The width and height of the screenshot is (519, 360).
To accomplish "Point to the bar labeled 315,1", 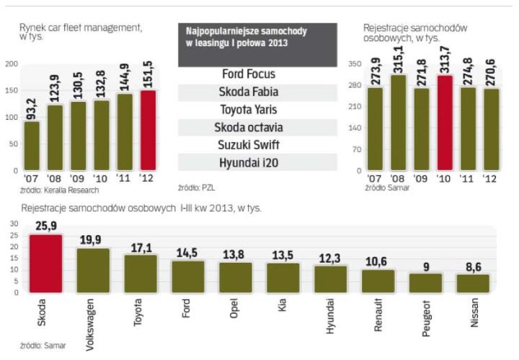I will (399, 123).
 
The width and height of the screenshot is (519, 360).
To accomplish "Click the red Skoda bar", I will (45, 263).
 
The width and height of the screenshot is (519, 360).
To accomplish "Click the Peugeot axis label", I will (427, 312).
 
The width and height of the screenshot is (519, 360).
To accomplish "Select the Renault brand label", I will (378, 312).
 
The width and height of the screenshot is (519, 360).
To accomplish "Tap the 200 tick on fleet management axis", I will (12, 64).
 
